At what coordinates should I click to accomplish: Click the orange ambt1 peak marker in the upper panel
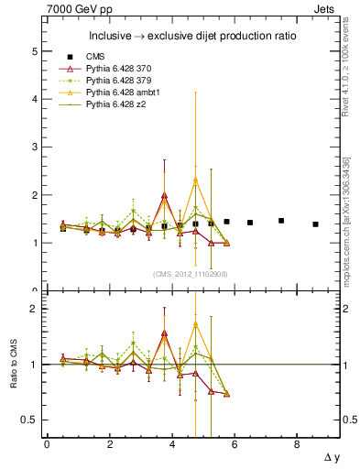pos(195,180)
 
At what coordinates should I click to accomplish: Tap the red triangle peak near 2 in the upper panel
pos(164,195)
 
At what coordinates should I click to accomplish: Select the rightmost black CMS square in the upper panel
pos(315,224)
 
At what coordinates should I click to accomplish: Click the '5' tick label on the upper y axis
pos(35,51)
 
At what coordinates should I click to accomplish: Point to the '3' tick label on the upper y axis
pos(35,147)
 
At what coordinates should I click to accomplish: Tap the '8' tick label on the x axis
pos(297,444)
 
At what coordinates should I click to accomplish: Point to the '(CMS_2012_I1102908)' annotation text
pos(190,274)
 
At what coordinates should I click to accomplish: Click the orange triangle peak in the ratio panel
pos(195,324)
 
